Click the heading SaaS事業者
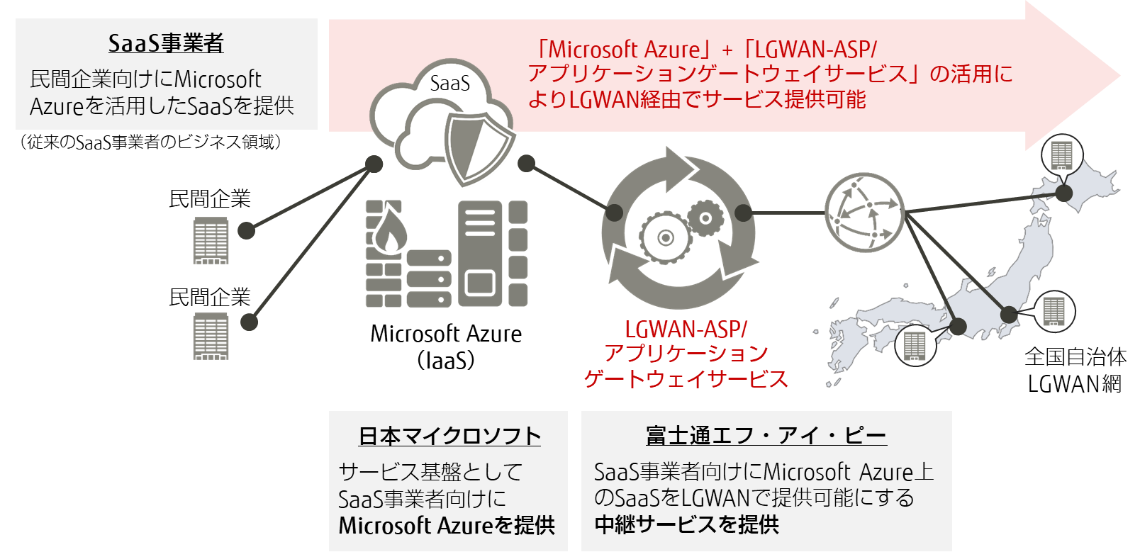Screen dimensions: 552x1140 tap(166, 43)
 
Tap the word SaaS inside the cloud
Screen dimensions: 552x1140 tap(450, 84)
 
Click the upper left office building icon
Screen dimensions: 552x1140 tap(211, 241)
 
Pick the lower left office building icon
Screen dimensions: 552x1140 tap(211, 337)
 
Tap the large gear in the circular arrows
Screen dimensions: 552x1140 tap(665, 238)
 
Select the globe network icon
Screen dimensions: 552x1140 tap(864, 213)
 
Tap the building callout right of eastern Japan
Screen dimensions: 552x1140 tap(1054, 311)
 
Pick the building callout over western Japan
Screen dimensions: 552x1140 tap(915, 345)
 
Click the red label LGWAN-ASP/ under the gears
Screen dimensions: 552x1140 tap(686, 329)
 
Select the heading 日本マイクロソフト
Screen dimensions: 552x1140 tap(449, 436)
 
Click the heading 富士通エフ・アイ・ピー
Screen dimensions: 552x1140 tap(766, 436)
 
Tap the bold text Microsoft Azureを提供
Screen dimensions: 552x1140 tap(447, 526)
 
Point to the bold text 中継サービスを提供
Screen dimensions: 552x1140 tap(686, 524)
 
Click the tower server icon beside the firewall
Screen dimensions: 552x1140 tap(480, 253)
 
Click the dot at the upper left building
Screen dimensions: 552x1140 tap(246, 230)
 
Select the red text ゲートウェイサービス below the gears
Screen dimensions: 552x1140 tap(686, 379)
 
